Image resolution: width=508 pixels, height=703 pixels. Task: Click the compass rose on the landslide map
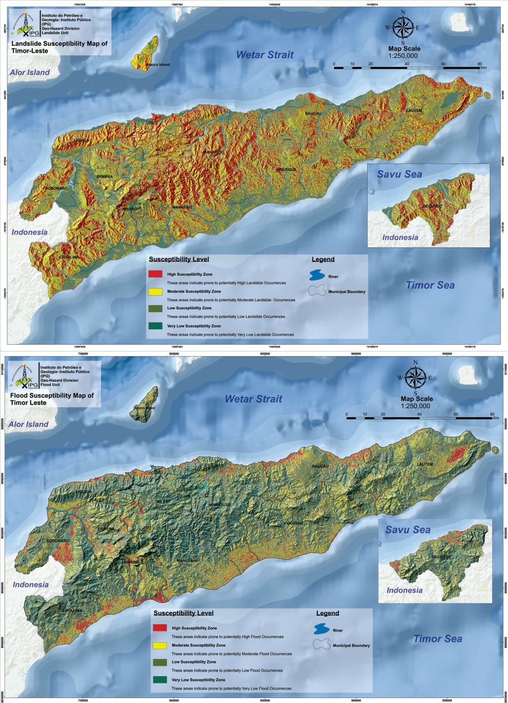click(x=403, y=27)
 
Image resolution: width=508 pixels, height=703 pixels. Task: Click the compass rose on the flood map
click(x=416, y=377)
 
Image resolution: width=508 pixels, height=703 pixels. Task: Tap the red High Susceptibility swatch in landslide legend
click(x=155, y=274)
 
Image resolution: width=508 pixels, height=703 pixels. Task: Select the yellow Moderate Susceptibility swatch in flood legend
click(x=160, y=645)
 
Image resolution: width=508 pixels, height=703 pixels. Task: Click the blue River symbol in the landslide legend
click(x=317, y=276)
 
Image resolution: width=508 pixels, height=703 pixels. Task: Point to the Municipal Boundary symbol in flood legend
click(x=321, y=645)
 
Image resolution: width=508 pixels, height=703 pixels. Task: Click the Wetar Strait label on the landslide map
click(x=265, y=55)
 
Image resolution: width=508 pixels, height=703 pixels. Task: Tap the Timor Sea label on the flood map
click(x=437, y=638)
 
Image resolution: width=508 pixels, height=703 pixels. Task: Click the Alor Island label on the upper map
click(x=30, y=72)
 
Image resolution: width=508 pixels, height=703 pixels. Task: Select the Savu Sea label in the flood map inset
click(x=407, y=530)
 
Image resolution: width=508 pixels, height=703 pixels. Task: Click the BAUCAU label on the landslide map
click(x=313, y=113)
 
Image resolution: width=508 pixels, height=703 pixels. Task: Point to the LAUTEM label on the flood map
click(x=425, y=464)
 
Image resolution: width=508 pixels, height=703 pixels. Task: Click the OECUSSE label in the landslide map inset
click(x=432, y=206)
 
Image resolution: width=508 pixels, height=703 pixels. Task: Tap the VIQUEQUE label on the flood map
click(x=293, y=523)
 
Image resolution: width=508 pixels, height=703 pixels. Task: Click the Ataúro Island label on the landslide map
click(x=157, y=65)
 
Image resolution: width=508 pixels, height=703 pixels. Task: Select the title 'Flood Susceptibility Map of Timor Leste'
click(x=52, y=399)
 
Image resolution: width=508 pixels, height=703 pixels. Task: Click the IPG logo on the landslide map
click(x=24, y=26)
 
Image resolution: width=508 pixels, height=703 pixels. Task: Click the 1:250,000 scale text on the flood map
click(x=415, y=406)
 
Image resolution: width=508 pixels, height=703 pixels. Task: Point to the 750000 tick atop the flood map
click(x=83, y=354)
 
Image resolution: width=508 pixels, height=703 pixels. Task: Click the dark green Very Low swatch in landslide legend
click(x=155, y=326)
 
